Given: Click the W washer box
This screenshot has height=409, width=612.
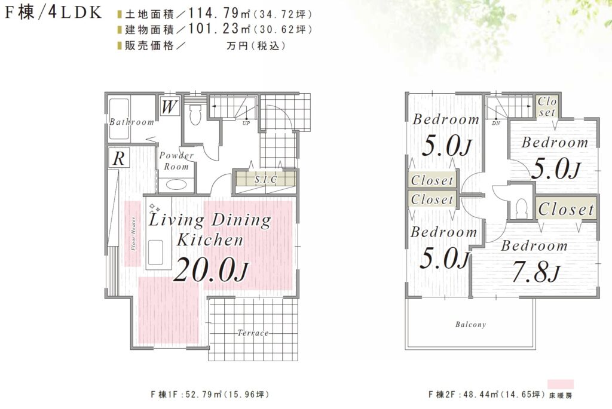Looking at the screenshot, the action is click(170, 106).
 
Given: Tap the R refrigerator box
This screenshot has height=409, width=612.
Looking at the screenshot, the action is click(119, 158).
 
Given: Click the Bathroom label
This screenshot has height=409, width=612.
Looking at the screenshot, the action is click(132, 122).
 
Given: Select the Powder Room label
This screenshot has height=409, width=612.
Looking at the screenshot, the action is click(176, 161).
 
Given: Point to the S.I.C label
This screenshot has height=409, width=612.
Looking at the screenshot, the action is click(265, 179).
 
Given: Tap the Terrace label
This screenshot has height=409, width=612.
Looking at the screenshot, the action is click(253, 333).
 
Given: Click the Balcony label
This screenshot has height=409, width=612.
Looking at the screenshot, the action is click(471, 324).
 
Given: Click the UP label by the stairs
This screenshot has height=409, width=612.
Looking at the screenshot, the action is click(246, 123).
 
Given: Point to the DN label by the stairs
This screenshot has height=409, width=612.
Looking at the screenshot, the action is click(496, 123).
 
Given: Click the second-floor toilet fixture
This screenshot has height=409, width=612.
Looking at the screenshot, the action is click(521, 208).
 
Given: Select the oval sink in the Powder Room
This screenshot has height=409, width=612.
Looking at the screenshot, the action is click(176, 184).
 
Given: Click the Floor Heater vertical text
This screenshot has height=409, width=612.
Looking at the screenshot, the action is click(133, 233).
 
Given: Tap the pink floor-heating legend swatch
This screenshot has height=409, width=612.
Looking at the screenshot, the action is click(561, 385).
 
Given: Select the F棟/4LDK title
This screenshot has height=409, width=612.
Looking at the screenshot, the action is click(53, 13).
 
